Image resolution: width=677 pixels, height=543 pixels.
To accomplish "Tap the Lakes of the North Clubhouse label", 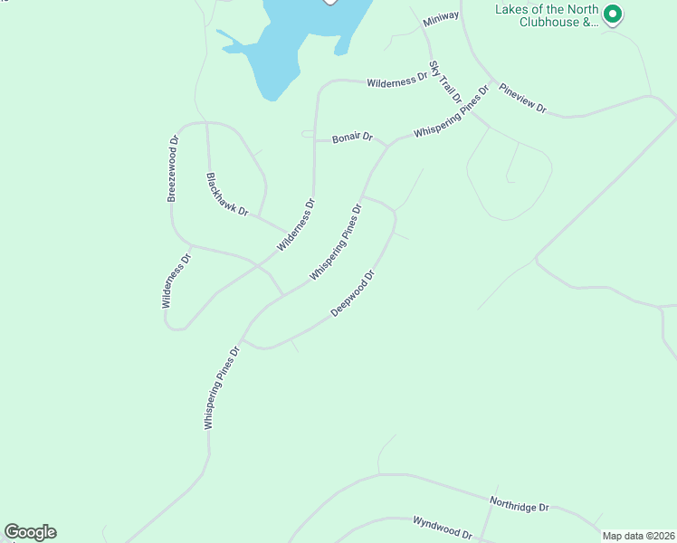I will [x=547, y=16].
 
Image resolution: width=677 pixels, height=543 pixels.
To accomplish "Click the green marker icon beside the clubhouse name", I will [x=613, y=14].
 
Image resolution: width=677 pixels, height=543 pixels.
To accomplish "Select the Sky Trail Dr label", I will [x=445, y=81].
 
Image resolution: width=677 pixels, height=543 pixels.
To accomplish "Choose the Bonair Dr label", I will [x=352, y=138].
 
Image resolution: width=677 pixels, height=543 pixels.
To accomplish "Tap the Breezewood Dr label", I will [x=173, y=167].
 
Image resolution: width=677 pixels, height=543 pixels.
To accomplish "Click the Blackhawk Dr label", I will [x=226, y=193].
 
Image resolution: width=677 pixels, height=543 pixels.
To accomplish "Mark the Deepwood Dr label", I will [x=352, y=293].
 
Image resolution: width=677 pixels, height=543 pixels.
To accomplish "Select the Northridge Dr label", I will [x=520, y=502].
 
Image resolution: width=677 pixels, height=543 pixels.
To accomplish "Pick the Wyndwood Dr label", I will [x=443, y=528].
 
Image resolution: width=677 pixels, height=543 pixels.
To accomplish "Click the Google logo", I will [x=30, y=532].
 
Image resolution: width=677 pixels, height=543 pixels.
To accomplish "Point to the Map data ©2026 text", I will [x=638, y=536].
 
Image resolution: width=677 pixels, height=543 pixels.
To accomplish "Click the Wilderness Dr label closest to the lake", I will [x=396, y=81].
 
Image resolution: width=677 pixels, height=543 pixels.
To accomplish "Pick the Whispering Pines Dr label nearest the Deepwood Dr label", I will [x=335, y=242].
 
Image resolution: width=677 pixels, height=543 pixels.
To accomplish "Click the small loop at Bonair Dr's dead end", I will [x=308, y=134].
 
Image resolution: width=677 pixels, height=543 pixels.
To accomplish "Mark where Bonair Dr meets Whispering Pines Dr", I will [x=387, y=145].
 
